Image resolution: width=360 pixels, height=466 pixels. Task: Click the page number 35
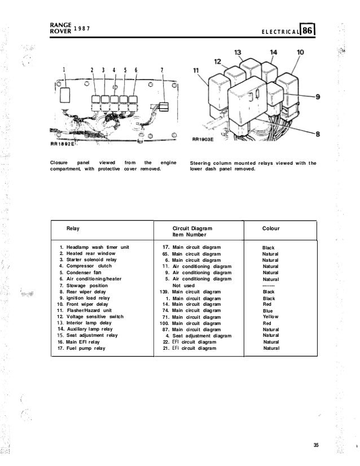317,446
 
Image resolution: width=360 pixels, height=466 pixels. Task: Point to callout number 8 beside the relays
317,134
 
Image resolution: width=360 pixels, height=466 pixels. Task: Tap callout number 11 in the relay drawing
196,72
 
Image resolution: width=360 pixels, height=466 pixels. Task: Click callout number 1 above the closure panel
65,71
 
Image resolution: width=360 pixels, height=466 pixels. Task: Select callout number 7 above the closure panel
162,71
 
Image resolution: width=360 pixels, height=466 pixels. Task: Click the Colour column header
272,228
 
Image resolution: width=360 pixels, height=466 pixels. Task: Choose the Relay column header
73,228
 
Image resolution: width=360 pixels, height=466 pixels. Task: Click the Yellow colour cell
271,318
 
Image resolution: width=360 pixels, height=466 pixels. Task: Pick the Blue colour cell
267,311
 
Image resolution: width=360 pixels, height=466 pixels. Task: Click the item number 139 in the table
164,292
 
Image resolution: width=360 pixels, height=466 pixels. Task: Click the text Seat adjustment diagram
202,336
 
